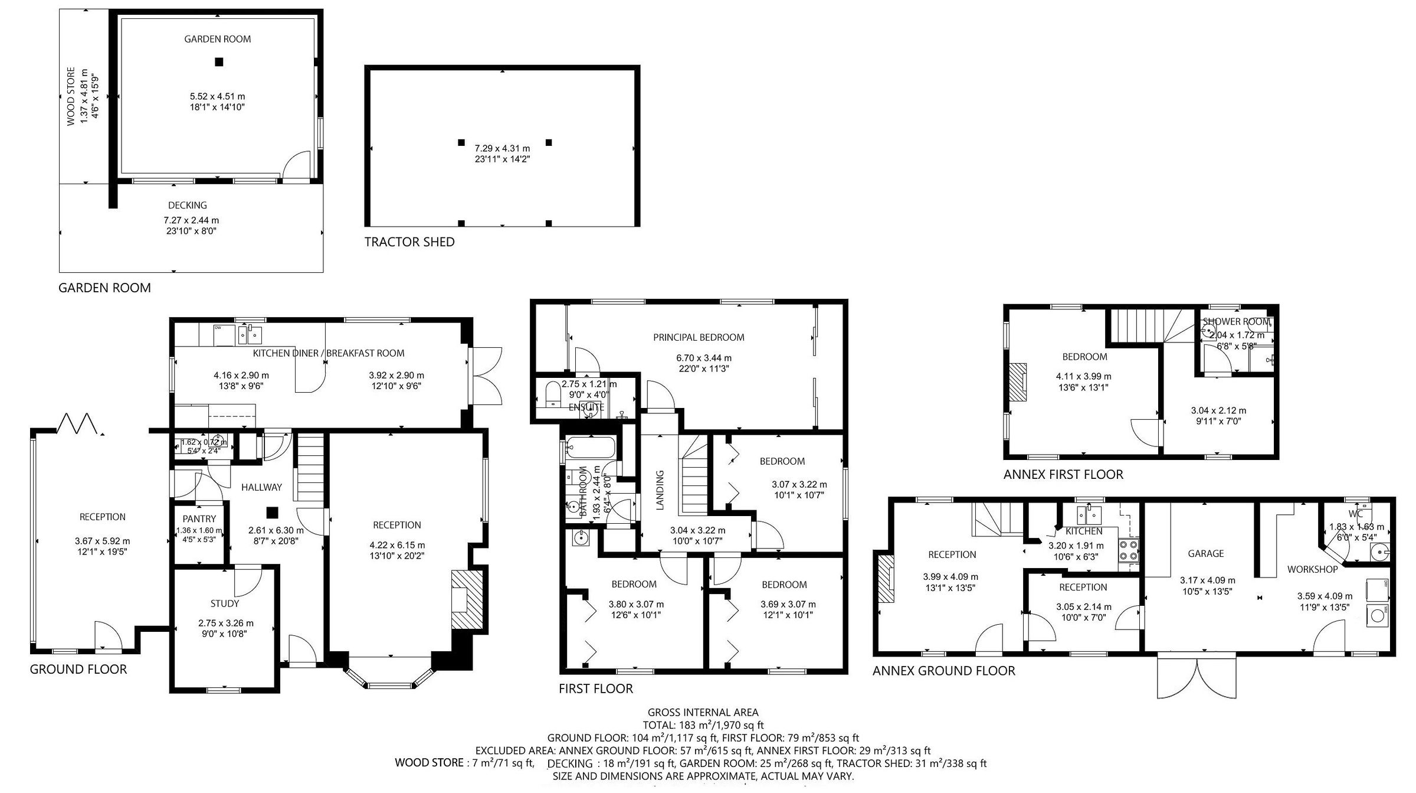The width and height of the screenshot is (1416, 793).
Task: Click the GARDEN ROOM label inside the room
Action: [x=217, y=39]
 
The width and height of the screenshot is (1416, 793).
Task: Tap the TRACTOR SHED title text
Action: [x=409, y=242]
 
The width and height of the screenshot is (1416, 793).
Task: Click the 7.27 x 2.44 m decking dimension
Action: [x=191, y=220]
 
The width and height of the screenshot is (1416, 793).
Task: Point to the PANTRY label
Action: [x=199, y=519]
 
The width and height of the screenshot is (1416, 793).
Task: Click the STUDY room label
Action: [x=225, y=603]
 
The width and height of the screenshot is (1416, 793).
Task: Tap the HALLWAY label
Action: [x=261, y=487]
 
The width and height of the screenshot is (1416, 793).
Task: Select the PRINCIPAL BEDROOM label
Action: [x=699, y=337]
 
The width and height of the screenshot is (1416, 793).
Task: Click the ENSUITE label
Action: [x=586, y=407]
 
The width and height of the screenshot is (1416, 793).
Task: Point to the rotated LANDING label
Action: [x=660, y=490]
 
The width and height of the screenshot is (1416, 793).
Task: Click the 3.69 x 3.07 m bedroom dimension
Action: [x=788, y=604]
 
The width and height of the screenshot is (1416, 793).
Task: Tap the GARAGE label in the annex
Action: [x=1205, y=553]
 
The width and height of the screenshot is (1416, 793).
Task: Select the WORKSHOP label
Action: [x=1312, y=569]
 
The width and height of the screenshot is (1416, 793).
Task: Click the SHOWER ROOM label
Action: [x=1235, y=322]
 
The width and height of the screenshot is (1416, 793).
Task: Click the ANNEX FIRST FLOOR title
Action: [x=1063, y=474]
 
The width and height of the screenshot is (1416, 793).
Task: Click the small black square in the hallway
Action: [x=271, y=512]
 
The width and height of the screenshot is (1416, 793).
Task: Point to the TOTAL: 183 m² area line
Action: [x=703, y=725]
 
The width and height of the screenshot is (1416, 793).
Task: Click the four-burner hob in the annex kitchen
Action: [x=1129, y=550]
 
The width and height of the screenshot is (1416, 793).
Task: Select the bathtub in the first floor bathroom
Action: [x=591, y=448]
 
